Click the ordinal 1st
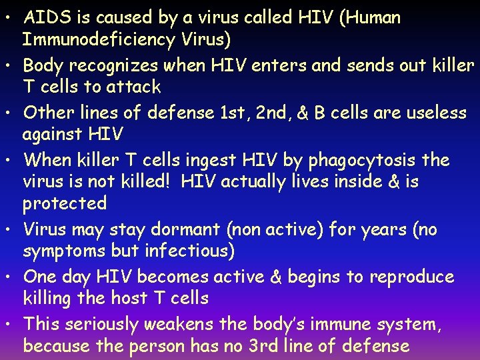point(231,113)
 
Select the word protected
point(65,203)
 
